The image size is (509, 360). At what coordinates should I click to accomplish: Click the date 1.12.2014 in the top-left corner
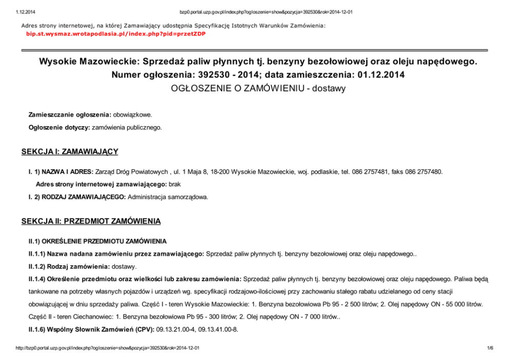coord(17,12)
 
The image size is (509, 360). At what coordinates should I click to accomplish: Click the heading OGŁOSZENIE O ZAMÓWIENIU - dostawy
coord(258,88)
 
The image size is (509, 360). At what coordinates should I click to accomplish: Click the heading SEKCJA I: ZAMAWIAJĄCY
coord(70,152)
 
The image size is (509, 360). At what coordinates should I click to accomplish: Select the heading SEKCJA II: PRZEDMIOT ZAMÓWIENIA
coord(91,221)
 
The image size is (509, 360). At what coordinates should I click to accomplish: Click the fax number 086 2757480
coord(423,171)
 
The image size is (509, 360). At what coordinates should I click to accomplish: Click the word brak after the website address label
coord(175,184)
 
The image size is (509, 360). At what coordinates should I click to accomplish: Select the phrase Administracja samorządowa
coord(168,196)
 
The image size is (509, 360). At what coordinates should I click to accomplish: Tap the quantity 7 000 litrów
coord(317,316)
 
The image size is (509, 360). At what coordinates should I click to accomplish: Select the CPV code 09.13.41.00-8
coord(219,329)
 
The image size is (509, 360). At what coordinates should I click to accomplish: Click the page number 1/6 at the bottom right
coord(490,348)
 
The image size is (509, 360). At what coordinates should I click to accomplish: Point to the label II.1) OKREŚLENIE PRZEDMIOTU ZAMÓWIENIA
coord(97,241)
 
